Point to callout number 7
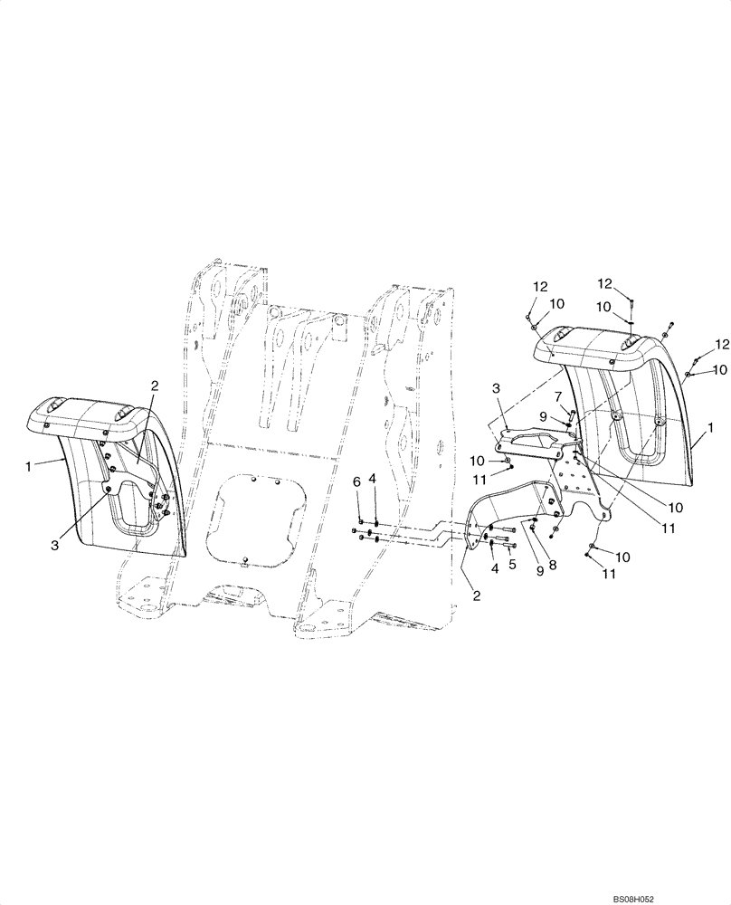click(x=558, y=396)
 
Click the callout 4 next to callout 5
click(x=493, y=568)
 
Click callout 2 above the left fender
click(x=155, y=386)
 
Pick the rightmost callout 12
click(x=721, y=345)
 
